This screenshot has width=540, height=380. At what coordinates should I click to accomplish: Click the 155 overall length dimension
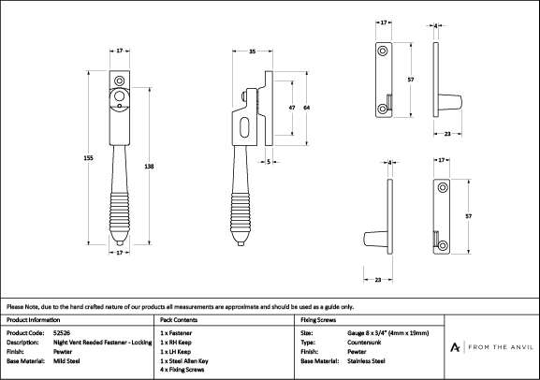point(89,158)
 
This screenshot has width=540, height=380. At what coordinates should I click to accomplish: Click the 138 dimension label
point(149,167)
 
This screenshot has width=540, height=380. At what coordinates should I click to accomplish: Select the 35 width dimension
point(252,51)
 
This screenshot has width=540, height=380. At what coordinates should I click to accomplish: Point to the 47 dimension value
point(292,108)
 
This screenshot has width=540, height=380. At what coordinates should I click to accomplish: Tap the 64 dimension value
point(306,108)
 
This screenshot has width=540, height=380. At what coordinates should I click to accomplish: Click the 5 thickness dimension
point(269,162)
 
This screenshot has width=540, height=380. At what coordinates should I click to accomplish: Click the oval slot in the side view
point(244,127)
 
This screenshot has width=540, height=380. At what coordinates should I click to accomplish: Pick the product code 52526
point(62,333)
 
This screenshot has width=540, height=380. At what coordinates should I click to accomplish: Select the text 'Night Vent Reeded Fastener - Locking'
point(103,343)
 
